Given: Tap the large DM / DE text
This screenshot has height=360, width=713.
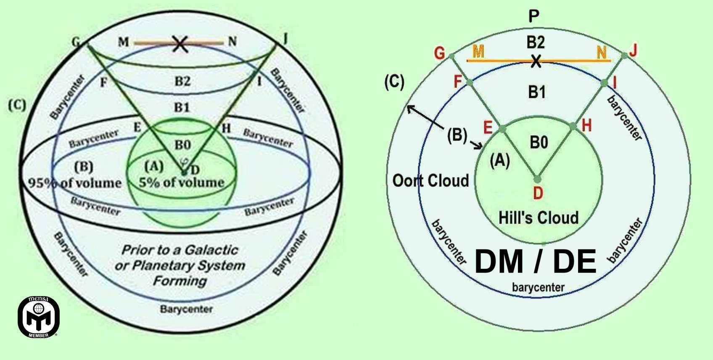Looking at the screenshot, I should click(x=535, y=262).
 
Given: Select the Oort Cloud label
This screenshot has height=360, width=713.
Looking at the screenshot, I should click(x=430, y=180).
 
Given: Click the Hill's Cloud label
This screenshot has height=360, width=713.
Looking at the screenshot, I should click(x=538, y=217).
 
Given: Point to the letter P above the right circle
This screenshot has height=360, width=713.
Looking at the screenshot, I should click(x=533, y=16).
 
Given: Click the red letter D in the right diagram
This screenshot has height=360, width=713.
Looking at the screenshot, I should click(x=538, y=193).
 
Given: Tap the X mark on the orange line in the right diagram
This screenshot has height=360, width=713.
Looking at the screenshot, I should click(x=535, y=61).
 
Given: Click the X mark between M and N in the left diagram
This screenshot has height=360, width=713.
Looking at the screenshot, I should click(x=180, y=43).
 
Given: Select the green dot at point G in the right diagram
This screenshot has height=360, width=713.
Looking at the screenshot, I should click(x=451, y=56).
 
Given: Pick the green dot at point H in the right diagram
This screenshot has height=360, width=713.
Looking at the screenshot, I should click(x=573, y=126).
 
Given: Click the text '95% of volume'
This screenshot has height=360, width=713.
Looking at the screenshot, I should click(x=75, y=183).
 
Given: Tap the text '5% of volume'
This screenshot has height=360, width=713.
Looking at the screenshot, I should click(x=182, y=182).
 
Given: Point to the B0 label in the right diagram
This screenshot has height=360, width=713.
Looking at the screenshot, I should click(x=539, y=143).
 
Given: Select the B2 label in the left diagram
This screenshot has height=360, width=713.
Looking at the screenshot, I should click(x=182, y=81).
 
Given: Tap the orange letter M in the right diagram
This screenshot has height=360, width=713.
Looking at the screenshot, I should click(x=478, y=52).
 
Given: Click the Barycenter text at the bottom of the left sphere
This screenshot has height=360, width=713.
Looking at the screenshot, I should click(x=186, y=309).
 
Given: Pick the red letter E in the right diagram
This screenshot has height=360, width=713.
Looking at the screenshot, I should click(x=488, y=127).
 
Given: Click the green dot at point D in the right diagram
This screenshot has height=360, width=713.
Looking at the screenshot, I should click(x=536, y=178).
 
